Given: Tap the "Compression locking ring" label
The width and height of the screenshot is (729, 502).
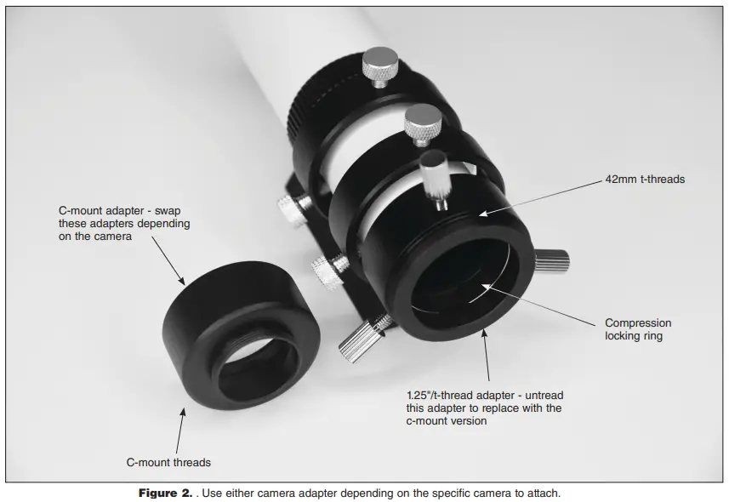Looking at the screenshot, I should [637, 329].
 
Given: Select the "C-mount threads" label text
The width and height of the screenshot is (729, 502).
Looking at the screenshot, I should [168, 463].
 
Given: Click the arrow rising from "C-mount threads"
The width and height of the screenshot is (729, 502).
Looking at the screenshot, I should [179, 431].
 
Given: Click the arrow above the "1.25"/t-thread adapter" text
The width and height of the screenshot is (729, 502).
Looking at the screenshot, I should [487, 358].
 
